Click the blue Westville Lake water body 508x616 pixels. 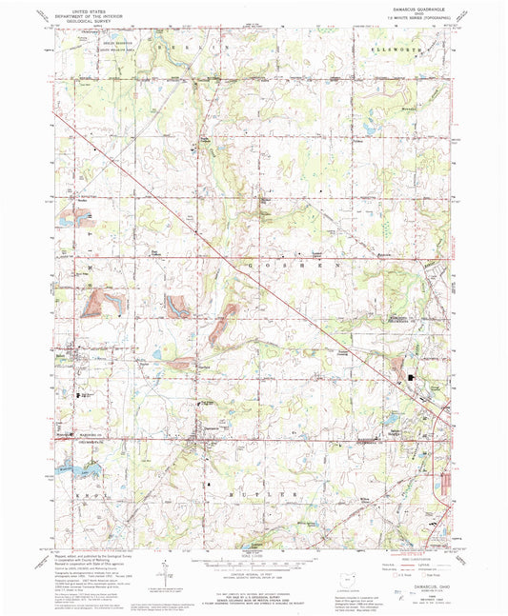72,467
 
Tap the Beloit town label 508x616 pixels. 72,356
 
